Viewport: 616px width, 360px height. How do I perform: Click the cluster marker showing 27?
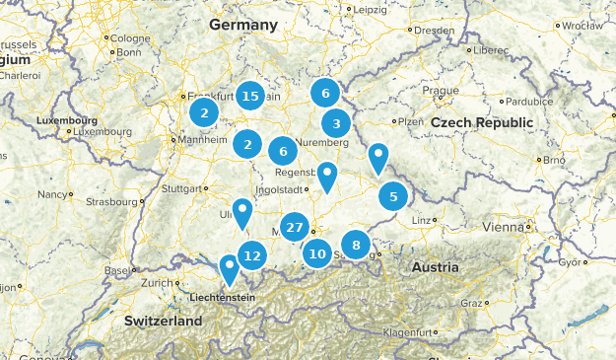tap(294, 227)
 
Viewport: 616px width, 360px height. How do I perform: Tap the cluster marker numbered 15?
tap(250, 96)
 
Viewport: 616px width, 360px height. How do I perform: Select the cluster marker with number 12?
tap(252, 255)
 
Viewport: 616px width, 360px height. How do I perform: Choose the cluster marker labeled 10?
tap(316, 253)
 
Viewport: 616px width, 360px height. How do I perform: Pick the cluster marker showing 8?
tap(356, 244)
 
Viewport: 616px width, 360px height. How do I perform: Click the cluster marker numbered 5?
tap(393, 196)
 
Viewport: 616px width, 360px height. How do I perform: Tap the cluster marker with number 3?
tap(336, 123)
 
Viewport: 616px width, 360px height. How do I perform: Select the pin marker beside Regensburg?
tap(326, 176)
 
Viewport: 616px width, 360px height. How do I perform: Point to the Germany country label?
tap(243, 24)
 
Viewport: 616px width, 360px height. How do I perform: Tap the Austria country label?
tap(435, 267)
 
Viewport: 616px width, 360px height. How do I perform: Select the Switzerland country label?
tap(163, 321)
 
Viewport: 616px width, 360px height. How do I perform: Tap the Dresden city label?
tap(435, 31)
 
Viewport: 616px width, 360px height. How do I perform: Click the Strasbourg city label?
tap(108, 201)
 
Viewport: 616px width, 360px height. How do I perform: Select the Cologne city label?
tap(130, 38)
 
